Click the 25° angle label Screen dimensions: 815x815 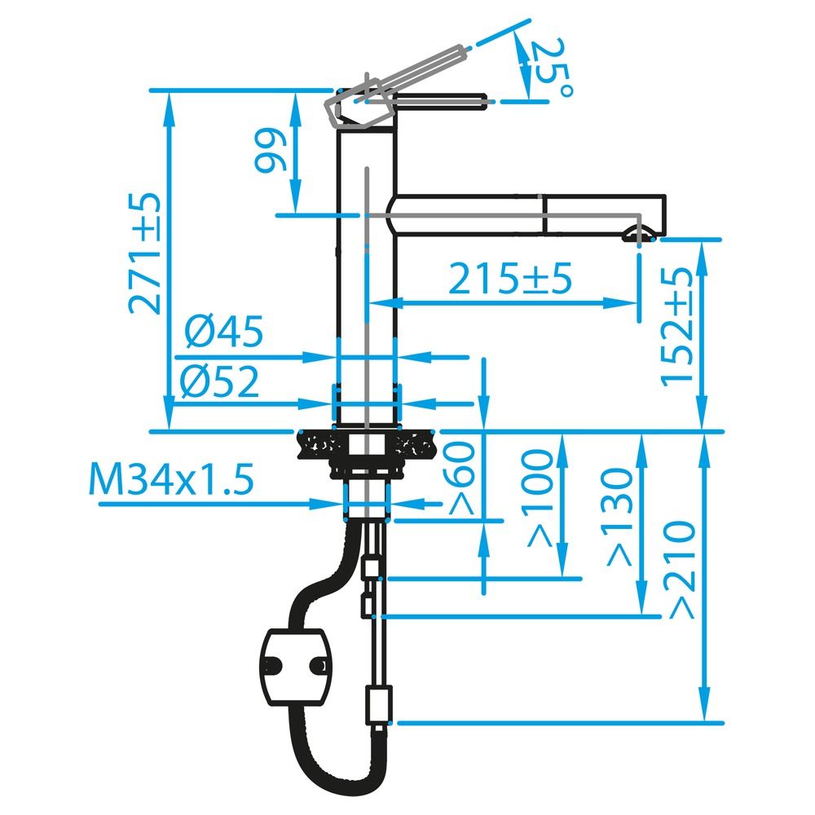click(x=552, y=67)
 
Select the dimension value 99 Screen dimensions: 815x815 click(x=271, y=152)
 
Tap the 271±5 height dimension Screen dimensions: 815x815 click(x=144, y=253)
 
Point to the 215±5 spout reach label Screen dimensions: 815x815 click(x=510, y=279)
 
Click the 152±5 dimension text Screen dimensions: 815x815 click(x=677, y=327)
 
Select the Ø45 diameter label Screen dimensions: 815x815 click(x=224, y=331)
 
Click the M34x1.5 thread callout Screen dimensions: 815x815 click(x=171, y=478)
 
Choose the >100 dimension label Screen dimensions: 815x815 click(x=540, y=499)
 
